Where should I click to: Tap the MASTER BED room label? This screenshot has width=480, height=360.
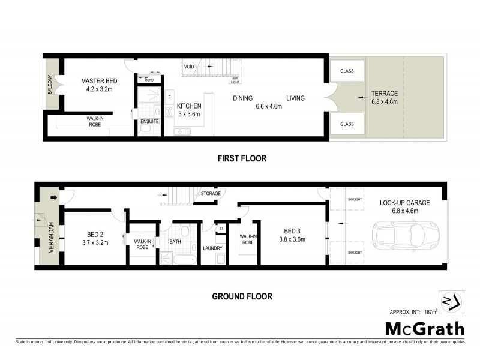tap(99, 81)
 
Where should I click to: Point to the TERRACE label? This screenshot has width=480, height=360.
tap(384, 94)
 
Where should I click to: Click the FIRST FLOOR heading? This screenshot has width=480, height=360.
tap(242, 159)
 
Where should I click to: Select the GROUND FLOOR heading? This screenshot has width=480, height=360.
tap(242, 296)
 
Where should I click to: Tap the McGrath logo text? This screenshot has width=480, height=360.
tap(424, 328)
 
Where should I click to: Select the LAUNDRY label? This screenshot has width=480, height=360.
tap(212, 248)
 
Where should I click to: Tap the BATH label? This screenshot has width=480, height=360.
tap(175, 241)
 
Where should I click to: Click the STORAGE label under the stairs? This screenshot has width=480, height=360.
tap(211, 193)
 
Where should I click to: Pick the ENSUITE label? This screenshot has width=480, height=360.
tap(149, 121)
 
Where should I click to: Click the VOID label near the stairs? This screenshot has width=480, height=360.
tap(188, 67)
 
